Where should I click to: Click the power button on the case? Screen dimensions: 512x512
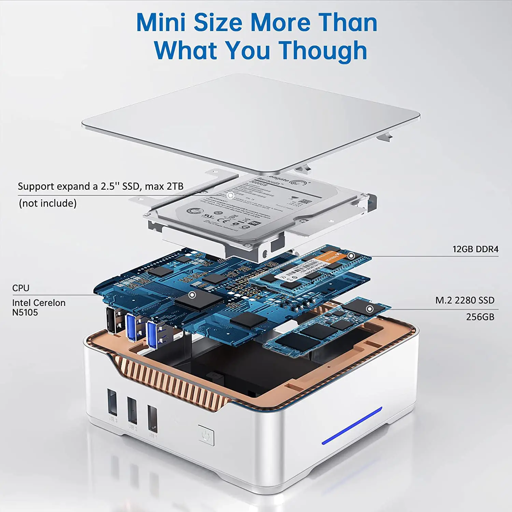pyautogui.click(x=206, y=435)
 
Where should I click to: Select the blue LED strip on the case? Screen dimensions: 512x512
pyautogui.click(x=352, y=426)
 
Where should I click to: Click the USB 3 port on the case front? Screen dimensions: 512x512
pyautogui.click(x=112, y=402)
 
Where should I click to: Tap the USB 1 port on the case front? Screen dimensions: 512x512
pyautogui.click(x=152, y=418)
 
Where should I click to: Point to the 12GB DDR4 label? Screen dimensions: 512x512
pyautogui.click(x=475, y=249)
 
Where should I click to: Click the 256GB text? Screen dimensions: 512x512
pyautogui.click(x=480, y=317)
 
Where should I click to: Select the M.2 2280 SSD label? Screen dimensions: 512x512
pyautogui.click(x=465, y=300)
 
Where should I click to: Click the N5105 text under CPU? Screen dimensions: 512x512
pyautogui.click(x=25, y=312)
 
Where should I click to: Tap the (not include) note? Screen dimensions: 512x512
pyautogui.click(x=48, y=203)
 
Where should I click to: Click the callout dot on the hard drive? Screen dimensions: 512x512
pyautogui.click(x=231, y=195)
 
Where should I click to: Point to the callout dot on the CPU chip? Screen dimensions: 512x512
pyautogui.click(x=192, y=295)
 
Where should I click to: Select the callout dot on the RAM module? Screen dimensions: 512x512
pyautogui.click(x=351, y=256)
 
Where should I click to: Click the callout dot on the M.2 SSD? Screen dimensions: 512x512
pyautogui.click(x=370, y=309)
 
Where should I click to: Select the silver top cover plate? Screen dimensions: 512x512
pyautogui.click(x=251, y=119)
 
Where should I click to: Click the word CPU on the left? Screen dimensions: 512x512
pyautogui.click(x=21, y=288)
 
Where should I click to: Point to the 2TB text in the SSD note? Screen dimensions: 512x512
pyautogui.click(x=175, y=186)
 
